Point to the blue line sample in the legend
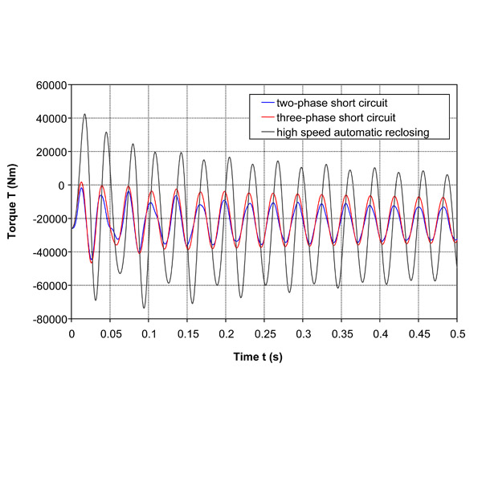point(264,103)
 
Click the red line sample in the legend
point(264,117)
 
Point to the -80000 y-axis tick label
point(48,319)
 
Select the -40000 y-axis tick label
point(48,252)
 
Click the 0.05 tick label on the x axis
point(110,332)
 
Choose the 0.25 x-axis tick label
point(264,332)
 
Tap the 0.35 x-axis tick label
point(341,332)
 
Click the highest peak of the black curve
point(84,114)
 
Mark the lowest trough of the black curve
point(145,308)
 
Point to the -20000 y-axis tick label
point(48,219)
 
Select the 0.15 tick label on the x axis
point(187,332)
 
